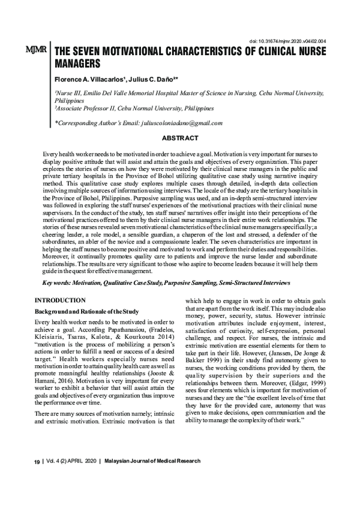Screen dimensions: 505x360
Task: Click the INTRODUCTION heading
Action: click(x=60, y=299)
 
